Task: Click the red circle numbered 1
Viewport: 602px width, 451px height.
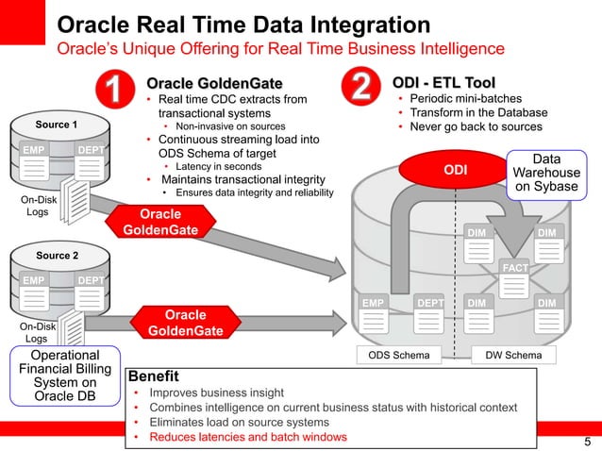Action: (112, 91)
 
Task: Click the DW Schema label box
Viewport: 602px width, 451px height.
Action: (512, 356)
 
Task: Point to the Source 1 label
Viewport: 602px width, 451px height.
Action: (57, 125)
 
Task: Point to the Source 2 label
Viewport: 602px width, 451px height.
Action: (57, 255)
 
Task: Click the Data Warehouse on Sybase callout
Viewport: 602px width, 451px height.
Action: (546, 174)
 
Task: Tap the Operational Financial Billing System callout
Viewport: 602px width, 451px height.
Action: (65, 375)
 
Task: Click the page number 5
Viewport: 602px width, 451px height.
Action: (587, 443)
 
